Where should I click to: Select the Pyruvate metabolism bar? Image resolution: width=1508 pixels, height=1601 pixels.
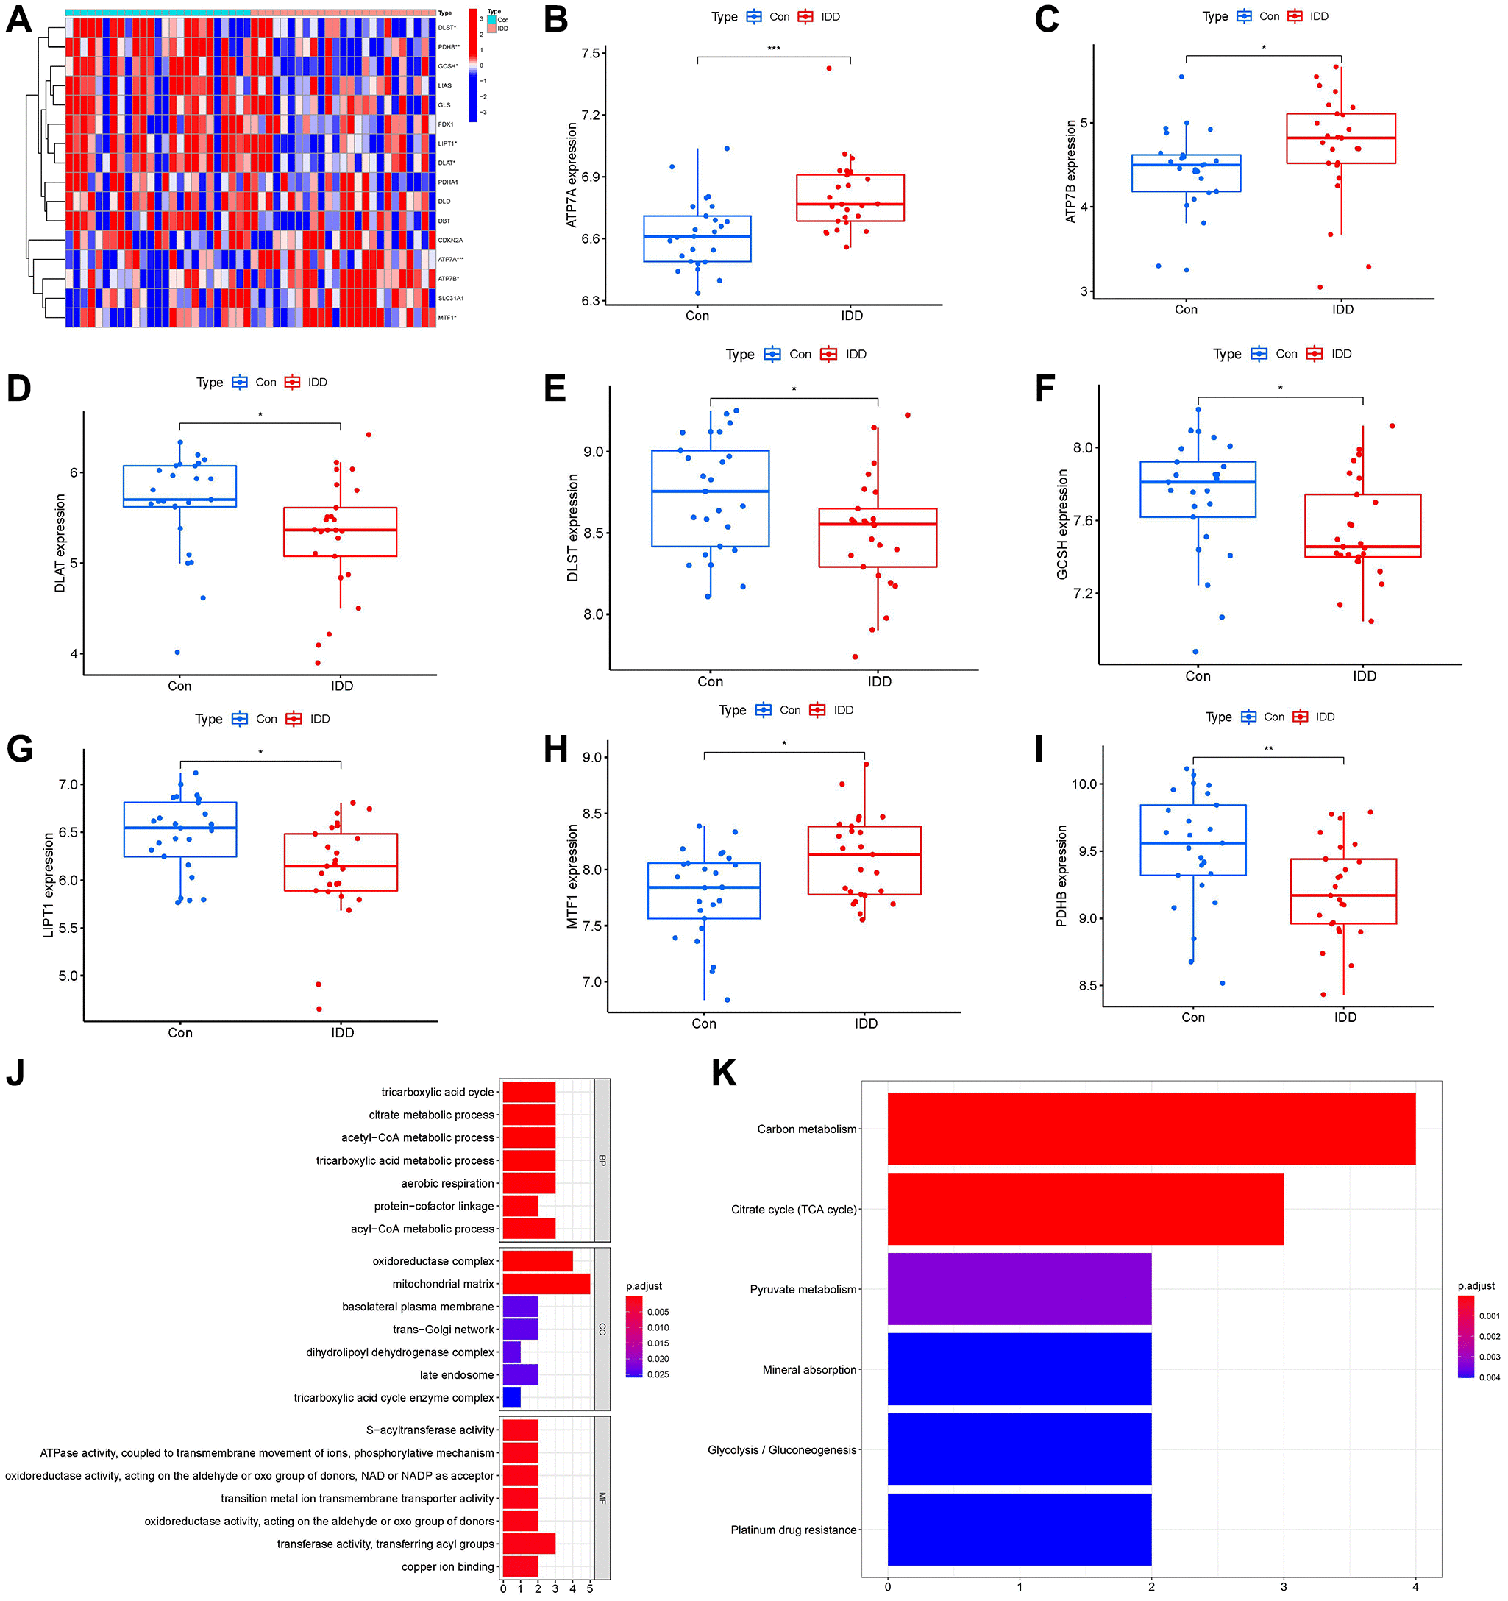pyautogui.click(x=1019, y=1288)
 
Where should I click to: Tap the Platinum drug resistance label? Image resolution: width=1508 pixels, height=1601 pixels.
pyautogui.click(x=793, y=1530)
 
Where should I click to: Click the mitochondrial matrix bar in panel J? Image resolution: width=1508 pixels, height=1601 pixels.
pyautogui.click(x=545, y=1284)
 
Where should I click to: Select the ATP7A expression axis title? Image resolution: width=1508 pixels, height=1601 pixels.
pyautogui.click(x=572, y=175)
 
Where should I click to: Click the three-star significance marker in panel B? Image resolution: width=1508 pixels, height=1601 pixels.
pyautogui.click(x=774, y=49)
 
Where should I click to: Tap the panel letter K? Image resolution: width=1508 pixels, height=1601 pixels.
pyautogui.click(x=724, y=1073)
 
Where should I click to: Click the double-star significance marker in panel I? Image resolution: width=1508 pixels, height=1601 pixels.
pyautogui.click(x=1268, y=749)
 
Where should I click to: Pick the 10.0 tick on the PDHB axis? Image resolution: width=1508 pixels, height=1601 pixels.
pyautogui.click(x=1087, y=784)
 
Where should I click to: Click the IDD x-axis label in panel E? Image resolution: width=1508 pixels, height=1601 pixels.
pyautogui.click(x=879, y=681)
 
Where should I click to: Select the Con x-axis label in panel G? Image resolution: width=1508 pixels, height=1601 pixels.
pyautogui.click(x=179, y=1032)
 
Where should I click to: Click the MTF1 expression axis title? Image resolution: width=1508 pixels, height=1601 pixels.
pyautogui.click(x=572, y=876)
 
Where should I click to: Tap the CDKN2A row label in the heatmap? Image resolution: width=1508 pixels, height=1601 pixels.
pyautogui.click(x=450, y=240)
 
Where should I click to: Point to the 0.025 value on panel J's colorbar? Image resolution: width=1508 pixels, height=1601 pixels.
pyautogui.click(x=658, y=1374)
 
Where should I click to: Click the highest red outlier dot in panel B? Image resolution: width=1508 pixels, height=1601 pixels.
pyautogui.click(x=828, y=68)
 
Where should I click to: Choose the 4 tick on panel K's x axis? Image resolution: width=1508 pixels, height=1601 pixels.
pyautogui.click(x=1415, y=1586)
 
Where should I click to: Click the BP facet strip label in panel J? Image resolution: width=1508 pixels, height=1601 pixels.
pyautogui.click(x=602, y=1160)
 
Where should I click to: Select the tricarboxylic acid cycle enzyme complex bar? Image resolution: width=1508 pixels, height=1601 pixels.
pyautogui.click(x=511, y=1397)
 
